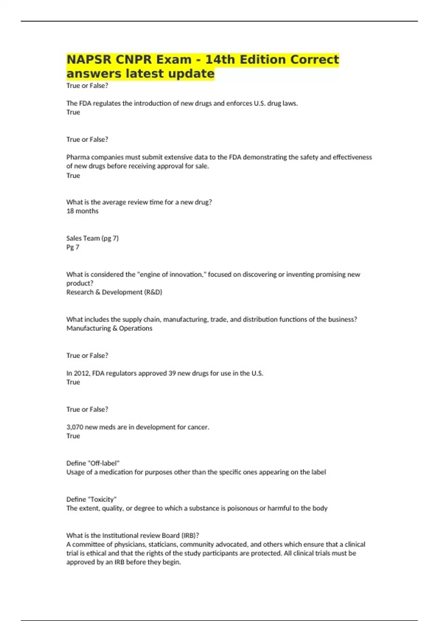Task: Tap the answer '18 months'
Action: [x=82, y=211]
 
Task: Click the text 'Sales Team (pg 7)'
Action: [x=92, y=238]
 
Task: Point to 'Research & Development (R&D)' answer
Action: [x=114, y=292]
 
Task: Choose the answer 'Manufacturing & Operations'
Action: [x=109, y=328]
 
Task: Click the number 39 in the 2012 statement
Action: [x=172, y=373]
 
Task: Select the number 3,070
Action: [x=75, y=427]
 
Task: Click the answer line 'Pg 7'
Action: [x=72, y=247]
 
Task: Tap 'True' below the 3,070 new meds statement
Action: [x=73, y=436]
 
